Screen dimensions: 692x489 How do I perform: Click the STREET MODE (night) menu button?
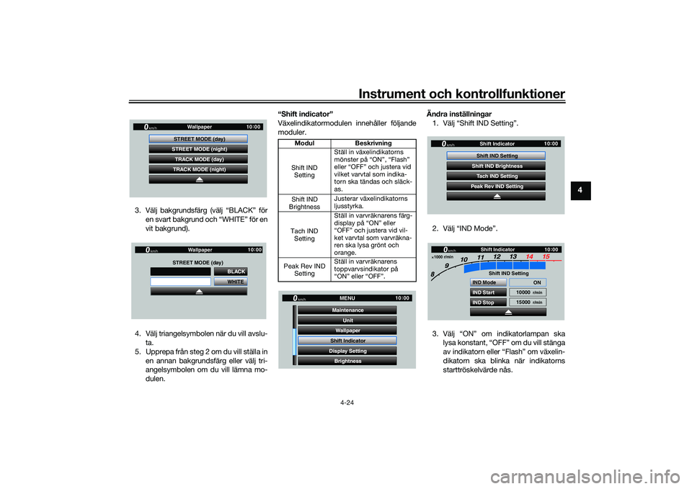198,149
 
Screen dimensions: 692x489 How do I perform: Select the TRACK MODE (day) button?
198,159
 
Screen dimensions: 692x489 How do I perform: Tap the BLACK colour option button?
231,272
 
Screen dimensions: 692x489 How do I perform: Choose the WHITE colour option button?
231,282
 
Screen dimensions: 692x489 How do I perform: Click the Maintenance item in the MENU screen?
347,310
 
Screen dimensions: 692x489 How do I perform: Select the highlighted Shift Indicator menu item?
347,341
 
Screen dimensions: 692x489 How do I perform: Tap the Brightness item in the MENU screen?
347,361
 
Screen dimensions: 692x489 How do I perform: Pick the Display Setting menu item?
347,351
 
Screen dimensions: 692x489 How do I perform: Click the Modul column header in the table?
304,143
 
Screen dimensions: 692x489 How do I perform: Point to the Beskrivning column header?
373,143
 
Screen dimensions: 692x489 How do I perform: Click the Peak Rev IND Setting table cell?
304,270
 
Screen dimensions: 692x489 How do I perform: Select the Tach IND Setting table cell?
304,235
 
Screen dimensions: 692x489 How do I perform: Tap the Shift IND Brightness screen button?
496,166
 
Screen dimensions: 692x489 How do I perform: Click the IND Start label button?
488,292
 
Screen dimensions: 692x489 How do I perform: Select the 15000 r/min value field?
528,302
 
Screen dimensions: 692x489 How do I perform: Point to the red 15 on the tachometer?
546,256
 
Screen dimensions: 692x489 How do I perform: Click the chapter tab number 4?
580,190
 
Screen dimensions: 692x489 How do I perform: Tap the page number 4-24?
347,403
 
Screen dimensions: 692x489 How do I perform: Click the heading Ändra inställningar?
459,115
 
